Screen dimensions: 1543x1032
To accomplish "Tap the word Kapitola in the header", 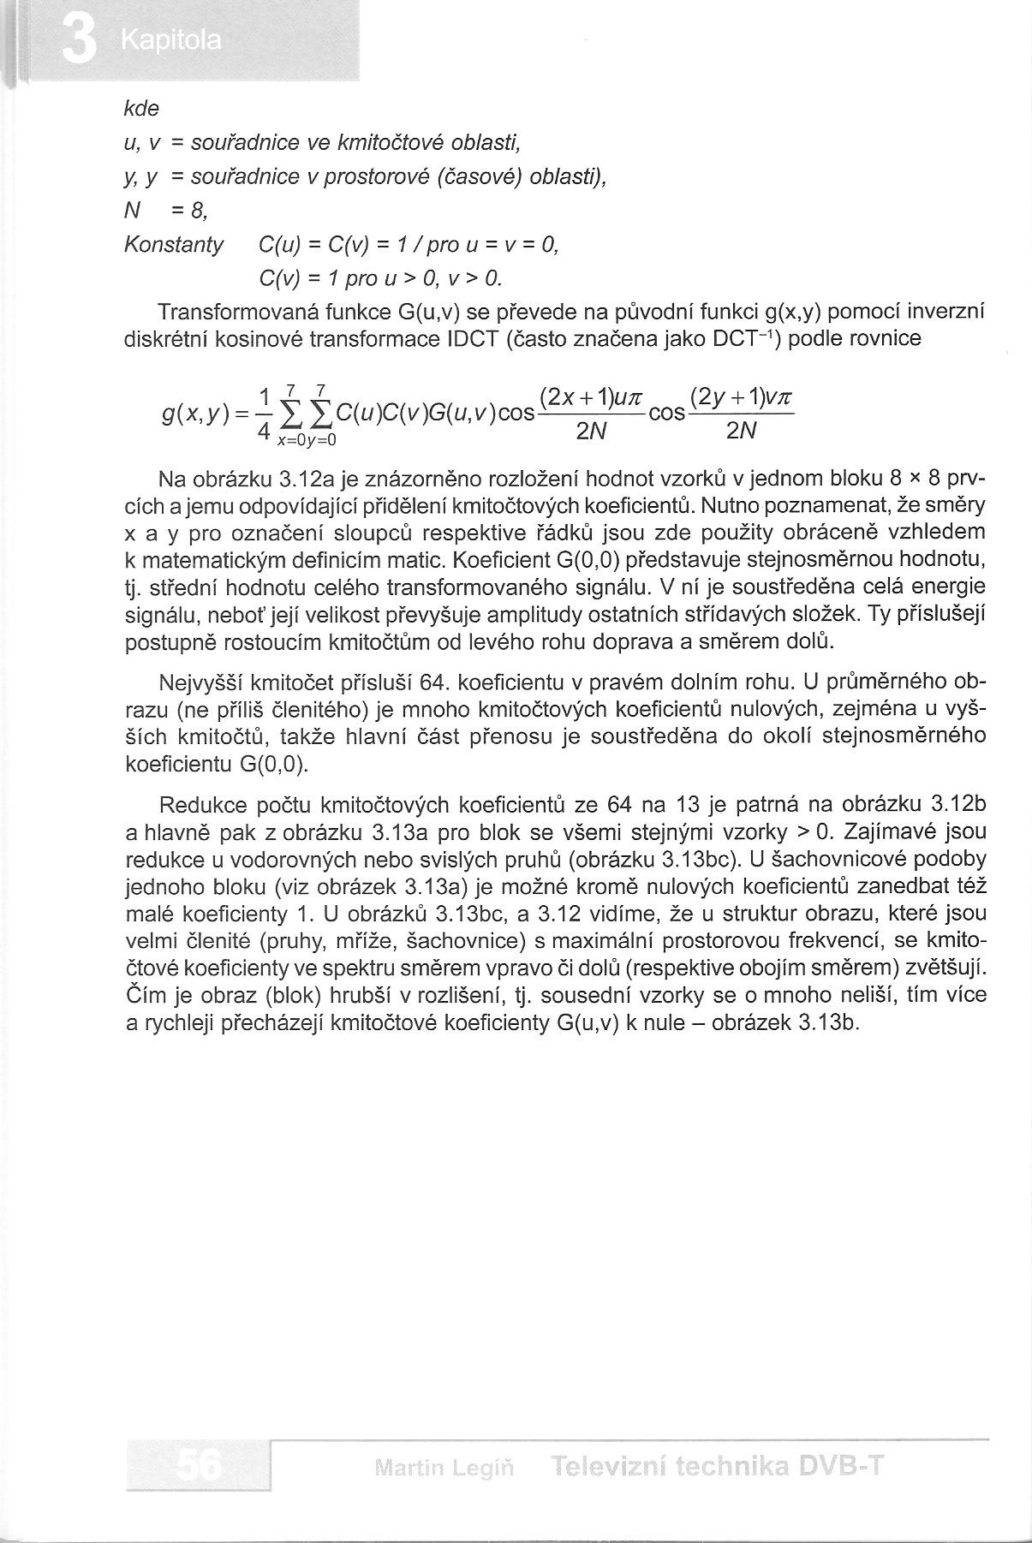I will point(171,41).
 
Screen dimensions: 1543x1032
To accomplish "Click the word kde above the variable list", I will point(142,110).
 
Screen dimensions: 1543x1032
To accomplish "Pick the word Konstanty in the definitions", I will point(174,246).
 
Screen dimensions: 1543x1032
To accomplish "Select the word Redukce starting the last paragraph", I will point(202,804).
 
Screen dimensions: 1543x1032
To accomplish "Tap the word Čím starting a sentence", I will point(142,996).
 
